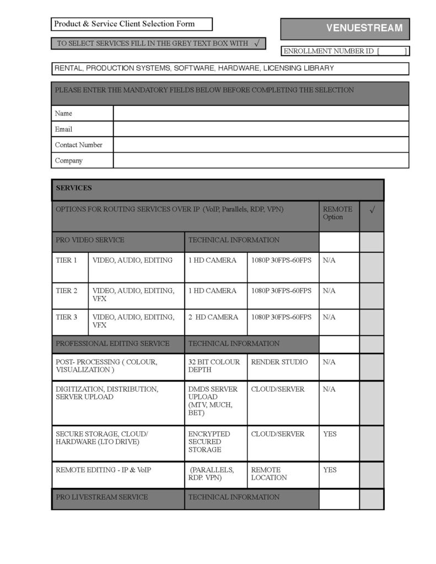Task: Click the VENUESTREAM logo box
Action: tap(345, 28)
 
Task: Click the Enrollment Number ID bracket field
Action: tap(392, 51)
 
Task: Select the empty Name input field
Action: tap(261, 113)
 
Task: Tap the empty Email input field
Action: tap(261, 129)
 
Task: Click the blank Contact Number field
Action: tap(261, 145)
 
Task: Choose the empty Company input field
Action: tap(261, 160)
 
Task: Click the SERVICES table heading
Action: tap(74, 188)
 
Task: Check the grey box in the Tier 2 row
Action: tap(372, 296)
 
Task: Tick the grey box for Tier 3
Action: tap(372, 322)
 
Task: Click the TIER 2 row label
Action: tap(67, 291)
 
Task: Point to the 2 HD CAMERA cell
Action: tap(213, 317)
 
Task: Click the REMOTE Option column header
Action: tap(337, 213)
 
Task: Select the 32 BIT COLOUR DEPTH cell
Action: tap(214, 366)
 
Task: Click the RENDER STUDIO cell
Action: tap(279, 362)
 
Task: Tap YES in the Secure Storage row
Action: tap(330, 434)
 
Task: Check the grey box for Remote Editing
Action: tap(372, 474)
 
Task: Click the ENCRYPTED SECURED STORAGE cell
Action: tap(209, 442)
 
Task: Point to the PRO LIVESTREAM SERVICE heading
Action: tap(102, 497)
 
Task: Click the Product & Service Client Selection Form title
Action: tap(124, 24)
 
